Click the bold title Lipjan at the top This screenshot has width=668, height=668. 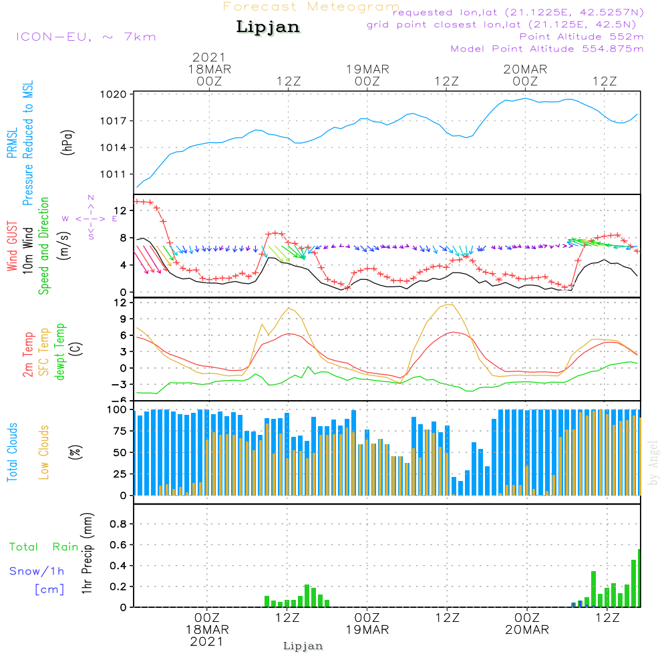pos(268,27)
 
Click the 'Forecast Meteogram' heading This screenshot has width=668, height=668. pos(311,7)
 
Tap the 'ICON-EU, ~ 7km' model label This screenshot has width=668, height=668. pos(86,37)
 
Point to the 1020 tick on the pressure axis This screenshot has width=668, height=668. pos(114,94)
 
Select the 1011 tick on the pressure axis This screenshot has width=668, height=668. pos(114,174)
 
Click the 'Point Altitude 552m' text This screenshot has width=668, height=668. pos(582,37)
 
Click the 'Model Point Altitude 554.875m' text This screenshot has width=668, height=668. pos(547,49)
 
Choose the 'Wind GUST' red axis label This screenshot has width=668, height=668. pos(12,246)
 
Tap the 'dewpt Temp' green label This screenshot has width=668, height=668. pos(59,351)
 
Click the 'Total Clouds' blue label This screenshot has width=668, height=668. pos(12,452)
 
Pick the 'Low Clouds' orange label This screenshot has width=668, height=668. pos(44,452)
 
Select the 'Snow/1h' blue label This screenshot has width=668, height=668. pos(37,571)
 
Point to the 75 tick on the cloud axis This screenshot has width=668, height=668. pos(120,431)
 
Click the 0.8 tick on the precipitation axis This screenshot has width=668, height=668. pos(118,524)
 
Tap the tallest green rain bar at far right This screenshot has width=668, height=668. pos(639,578)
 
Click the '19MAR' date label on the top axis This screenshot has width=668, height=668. pos(367,69)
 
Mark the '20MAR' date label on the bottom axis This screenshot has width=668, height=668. pos(527,630)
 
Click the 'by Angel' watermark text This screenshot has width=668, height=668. pos(653,463)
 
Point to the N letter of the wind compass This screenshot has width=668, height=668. pos(91,198)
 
